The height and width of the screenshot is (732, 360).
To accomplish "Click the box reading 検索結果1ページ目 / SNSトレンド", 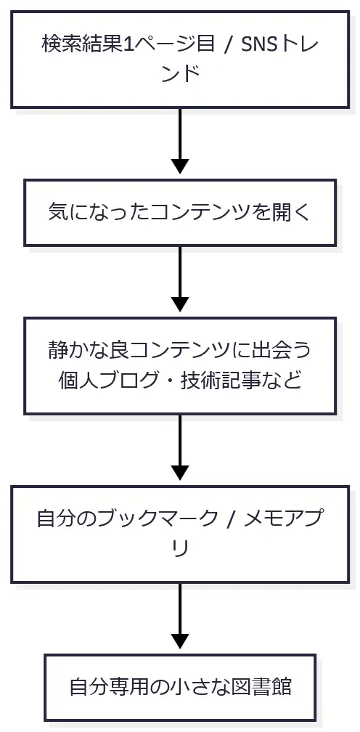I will (180, 58).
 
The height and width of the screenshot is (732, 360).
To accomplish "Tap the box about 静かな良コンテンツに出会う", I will (180, 365).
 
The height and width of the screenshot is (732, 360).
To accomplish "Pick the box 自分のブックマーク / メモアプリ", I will (180, 533).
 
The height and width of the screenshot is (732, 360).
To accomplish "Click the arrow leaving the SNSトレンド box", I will (180, 142).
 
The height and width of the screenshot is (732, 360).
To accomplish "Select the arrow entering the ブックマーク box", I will (180, 450).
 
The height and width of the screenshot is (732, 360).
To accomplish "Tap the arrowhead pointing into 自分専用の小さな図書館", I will (180, 640).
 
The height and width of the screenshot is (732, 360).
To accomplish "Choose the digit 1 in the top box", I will (128, 44).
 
